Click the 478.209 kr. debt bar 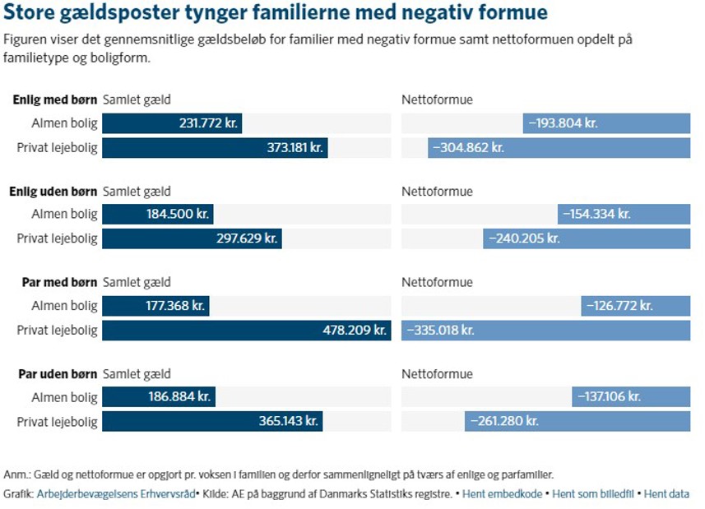(246, 331)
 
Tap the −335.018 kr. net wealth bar (545, 331)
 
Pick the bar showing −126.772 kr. (635, 306)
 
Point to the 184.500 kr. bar (157, 215)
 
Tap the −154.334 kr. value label (596, 215)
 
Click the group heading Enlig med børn (55, 100)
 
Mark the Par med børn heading (59, 283)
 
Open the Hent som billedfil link (593, 494)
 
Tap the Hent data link (666, 494)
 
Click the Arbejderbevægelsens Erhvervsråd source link (116, 494)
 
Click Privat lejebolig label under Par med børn (58, 331)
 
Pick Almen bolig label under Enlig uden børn (64, 215)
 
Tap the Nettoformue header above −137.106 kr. (437, 374)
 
